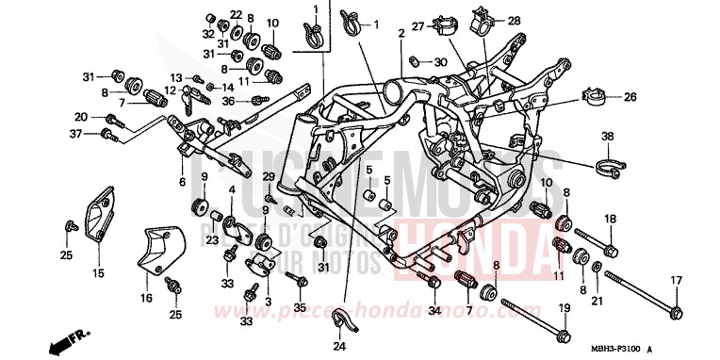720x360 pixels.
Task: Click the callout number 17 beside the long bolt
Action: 676,280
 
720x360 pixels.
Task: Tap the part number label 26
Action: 630,96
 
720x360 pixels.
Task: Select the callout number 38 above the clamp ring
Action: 608,136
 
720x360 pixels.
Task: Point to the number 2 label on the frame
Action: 401,33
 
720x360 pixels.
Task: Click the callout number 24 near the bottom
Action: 340,346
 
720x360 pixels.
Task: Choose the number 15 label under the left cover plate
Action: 98,274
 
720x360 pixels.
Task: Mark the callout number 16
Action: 147,298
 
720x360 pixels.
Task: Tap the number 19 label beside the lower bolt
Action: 565,308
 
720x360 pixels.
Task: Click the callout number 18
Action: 610,219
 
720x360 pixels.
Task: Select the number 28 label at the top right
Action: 514,20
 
